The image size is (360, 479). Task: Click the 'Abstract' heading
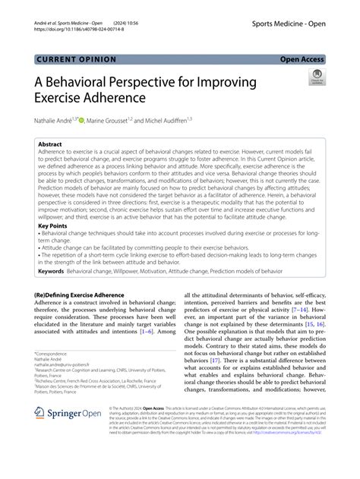(x=52, y=143)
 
